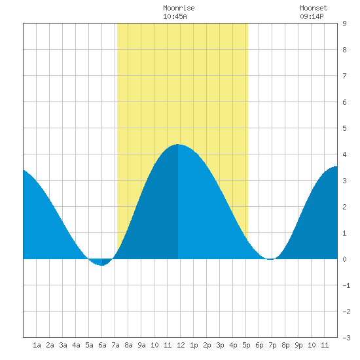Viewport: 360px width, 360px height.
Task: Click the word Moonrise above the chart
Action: tap(179, 8)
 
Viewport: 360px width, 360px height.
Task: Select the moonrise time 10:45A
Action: tap(175, 16)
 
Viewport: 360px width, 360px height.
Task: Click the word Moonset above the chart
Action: tap(314, 8)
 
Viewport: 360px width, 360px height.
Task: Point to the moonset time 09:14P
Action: tap(312, 16)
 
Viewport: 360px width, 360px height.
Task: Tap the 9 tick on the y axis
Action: tap(344, 24)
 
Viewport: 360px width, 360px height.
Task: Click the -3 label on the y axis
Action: tap(346, 338)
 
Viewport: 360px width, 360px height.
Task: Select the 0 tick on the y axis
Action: tap(344, 259)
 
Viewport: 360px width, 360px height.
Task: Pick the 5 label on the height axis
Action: tap(344, 128)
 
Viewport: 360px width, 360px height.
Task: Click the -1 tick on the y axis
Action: tap(346, 285)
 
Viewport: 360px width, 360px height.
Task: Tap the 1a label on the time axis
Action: tap(37, 345)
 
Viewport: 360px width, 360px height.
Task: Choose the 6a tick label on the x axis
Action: tap(102, 345)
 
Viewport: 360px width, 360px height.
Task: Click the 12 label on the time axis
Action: tap(181, 345)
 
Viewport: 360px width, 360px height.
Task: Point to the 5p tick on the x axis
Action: tap(246, 345)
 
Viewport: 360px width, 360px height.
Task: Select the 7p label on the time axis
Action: tap(272, 345)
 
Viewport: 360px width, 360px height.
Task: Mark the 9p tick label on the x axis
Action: tap(298, 345)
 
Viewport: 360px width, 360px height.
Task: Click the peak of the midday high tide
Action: tap(178, 144)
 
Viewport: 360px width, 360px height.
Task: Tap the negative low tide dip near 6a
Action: tap(101, 265)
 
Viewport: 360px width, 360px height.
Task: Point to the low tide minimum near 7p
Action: tap(271, 259)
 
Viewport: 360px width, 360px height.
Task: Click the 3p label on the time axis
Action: tap(220, 345)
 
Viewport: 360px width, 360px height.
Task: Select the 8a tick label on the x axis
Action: tap(128, 345)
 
